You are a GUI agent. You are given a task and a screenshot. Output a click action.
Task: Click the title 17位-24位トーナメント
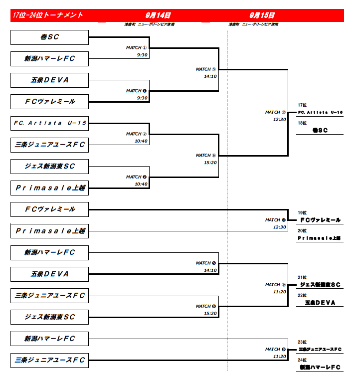pyautogui.click(x=48, y=15)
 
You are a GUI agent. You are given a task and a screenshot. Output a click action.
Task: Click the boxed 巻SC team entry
pyautogui.click(x=50, y=37)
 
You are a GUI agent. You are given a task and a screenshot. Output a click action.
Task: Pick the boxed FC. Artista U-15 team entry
pyautogui.click(x=50, y=123)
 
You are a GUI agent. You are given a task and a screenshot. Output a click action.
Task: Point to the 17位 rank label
pyautogui.click(x=302, y=105)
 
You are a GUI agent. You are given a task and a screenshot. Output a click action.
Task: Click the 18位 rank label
pyautogui.click(x=302, y=123)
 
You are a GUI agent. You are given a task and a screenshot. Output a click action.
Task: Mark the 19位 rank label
pyautogui.click(x=302, y=212)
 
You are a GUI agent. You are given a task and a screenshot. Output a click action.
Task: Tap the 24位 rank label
pyautogui.click(x=302, y=360)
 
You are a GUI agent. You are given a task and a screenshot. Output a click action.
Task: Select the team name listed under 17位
pyautogui.click(x=320, y=113)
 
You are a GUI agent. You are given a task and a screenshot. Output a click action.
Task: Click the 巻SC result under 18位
pyautogui.click(x=320, y=130)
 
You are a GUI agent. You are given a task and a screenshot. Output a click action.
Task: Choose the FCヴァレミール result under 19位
pyautogui.click(x=320, y=220)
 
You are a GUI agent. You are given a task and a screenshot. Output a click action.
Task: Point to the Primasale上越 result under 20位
pyautogui.click(x=320, y=238)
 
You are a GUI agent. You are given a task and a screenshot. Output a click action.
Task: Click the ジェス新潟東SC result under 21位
pyautogui.click(x=320, y=285)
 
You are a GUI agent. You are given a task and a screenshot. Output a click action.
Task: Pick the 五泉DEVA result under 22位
pyautogui.click(x=320, y=303)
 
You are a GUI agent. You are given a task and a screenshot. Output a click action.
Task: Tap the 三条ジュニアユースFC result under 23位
pyautogui.click(x=320, y=349)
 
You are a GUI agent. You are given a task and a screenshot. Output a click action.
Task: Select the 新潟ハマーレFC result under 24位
pyautogui.click(x=320, y=367)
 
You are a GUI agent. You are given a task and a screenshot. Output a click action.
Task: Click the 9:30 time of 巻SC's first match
pyautogui.click(x=143, y=55)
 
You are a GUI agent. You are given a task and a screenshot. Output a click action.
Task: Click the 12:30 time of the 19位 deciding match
pyautogui.click(x=280, y=227)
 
